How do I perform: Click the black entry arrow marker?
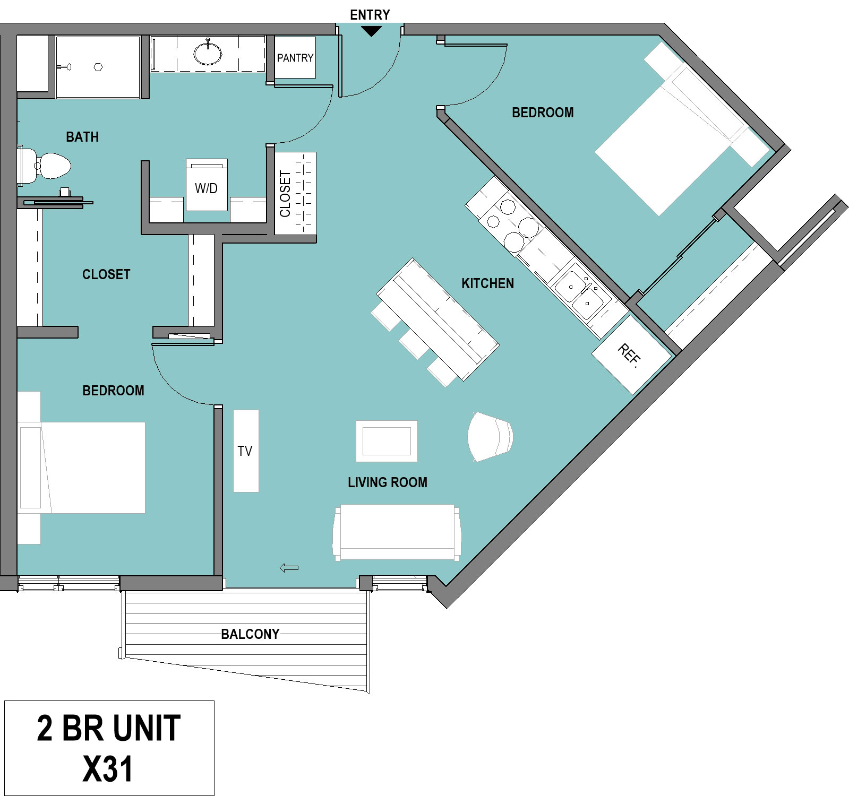tap(371, 31)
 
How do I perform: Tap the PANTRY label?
tap(295, 58)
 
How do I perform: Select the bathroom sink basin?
tap(208, 53)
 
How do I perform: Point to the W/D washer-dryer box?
tap(207, 185)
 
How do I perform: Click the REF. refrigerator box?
tap(631, 354)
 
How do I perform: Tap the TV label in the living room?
tap(245, 451)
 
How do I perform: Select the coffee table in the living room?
tap(387, 441)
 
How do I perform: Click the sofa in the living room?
tap(397, 532)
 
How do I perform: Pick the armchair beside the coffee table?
tap(490, 437)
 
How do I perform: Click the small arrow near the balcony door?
tap(289, 568)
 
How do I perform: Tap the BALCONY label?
tap(250, 634)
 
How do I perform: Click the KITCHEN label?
tap(487, 283)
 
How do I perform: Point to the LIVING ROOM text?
tap(388, 482)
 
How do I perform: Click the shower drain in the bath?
tap(98, 67)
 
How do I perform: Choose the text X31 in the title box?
tap(108, 769)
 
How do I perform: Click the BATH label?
tap(82, 137)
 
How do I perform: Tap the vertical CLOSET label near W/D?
tap(285, 194)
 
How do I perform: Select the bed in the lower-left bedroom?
tap(81, 468)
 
